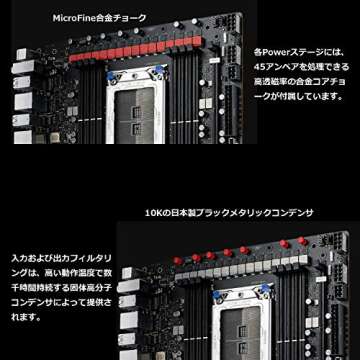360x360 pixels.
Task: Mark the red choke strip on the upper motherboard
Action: [x=151, y=45]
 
